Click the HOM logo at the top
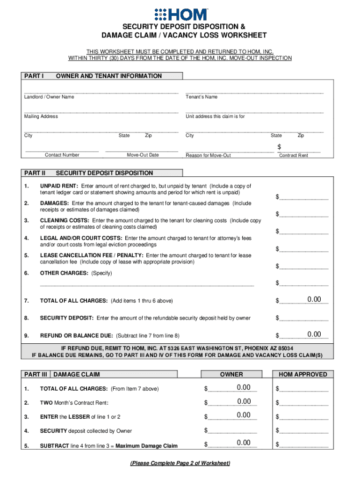(180, 14)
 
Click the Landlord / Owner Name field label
(49, 97)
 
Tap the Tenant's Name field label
(202, 97)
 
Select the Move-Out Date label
(143, 155)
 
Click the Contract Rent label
(294, 155)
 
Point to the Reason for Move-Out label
(208, 155)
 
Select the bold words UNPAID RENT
(59, 186)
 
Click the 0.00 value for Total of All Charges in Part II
(314, 299)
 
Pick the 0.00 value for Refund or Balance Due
(314, 334)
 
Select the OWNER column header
(231, 374)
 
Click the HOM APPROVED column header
(303, 374)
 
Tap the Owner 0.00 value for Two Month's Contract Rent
(244, 401)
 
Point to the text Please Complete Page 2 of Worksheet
(180, 463)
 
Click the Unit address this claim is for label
(215, 116)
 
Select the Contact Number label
(62, 155)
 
